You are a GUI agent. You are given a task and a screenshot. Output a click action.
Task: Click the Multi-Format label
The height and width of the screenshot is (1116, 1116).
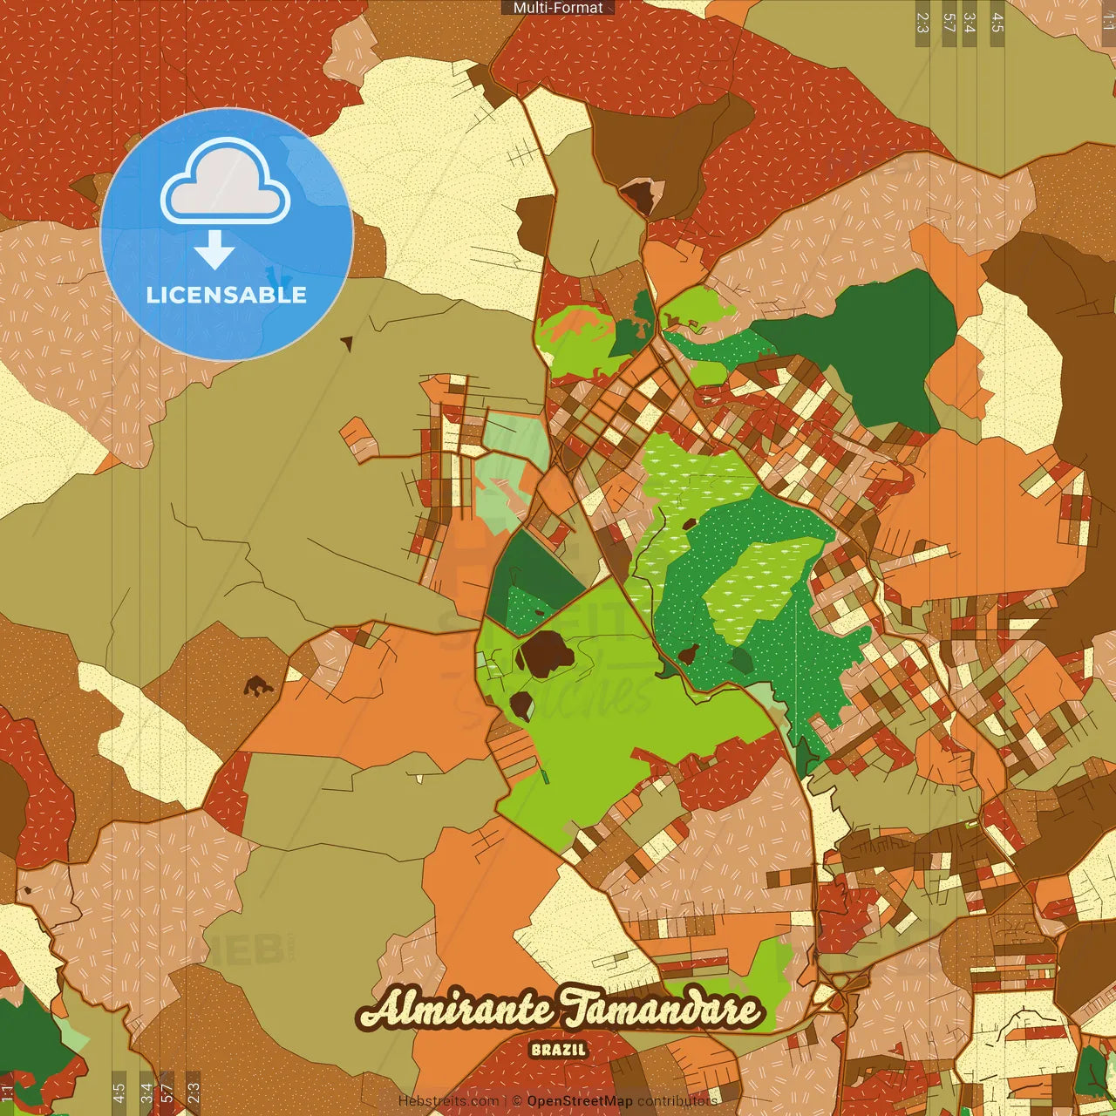pos(558,8)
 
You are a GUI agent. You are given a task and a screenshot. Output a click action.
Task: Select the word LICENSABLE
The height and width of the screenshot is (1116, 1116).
pos(227,295)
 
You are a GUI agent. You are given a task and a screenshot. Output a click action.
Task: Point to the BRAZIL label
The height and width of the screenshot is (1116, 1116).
pos(558,1050)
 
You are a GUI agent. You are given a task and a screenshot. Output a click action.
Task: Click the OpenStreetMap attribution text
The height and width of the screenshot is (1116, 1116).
pos(580,1101)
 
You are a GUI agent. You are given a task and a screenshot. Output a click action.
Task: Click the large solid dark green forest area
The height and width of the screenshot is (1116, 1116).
pos(863,349)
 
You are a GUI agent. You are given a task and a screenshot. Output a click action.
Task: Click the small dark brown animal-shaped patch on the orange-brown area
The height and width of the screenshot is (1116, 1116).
pos(257,686)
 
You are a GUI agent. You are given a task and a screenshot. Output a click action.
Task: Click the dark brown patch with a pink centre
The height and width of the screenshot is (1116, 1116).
pos(642,195)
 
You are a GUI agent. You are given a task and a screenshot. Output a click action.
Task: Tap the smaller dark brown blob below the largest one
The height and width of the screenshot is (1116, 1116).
pos(521,704)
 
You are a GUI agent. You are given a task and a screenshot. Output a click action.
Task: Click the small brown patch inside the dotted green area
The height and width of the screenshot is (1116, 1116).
pos(688,654)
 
